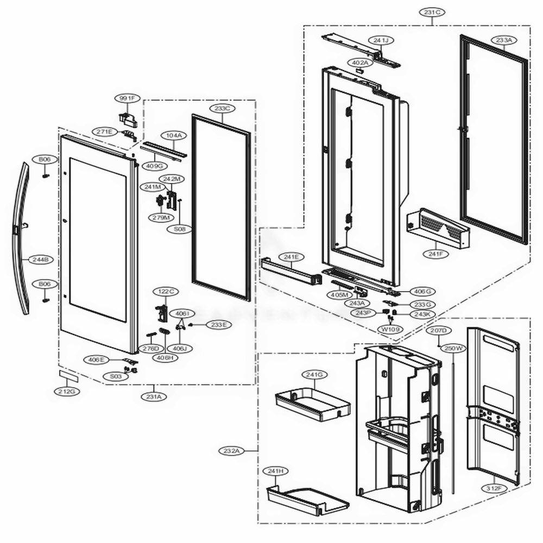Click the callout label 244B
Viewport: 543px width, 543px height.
[43, 260]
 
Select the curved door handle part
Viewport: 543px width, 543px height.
[21, 239]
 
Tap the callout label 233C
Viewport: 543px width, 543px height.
[222, 109]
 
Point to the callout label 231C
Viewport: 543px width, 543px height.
[432, 11]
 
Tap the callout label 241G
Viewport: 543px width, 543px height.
[314, 375]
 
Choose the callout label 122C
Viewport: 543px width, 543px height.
[164, 292]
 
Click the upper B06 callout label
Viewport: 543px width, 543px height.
[45, 159]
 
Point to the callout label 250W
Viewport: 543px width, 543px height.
[452, 348]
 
